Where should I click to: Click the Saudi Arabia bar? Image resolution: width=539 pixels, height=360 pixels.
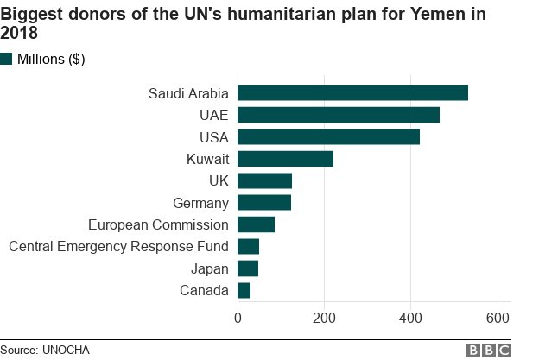pyautogui.click(x=352, y=93)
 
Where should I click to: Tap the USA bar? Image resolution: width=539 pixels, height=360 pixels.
pyautogui.click(x=328, y=136)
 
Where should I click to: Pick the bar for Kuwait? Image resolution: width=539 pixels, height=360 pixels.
pyautogui.click(x=285, y=159)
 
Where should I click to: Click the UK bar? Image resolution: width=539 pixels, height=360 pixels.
pyautogui.click(x=264, y=180)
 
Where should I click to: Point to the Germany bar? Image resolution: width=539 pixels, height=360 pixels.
pyautogui.click(x=264, y=203)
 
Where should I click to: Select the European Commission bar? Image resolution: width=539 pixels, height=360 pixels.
pyautogui.click(x=256, y=224)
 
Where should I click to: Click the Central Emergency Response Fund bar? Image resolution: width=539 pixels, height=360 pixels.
pyautogui.click(x=248, y=247)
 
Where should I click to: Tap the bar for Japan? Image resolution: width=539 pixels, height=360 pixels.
pyautogui.click(x=248, y=268)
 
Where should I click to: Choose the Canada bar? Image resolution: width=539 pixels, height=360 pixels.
pyautogui.click(x=244, y=291)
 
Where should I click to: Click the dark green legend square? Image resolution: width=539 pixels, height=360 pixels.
pyautogui.click(x=7, y=59)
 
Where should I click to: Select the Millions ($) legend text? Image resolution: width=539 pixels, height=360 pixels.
pyautogui.click(x=51, y=59)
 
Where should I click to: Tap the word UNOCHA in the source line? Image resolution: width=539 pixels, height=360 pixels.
pyautogui.click(x=66, y=350)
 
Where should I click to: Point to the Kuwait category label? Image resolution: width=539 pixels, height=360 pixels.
pyautogui.click(x=207, y=159)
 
